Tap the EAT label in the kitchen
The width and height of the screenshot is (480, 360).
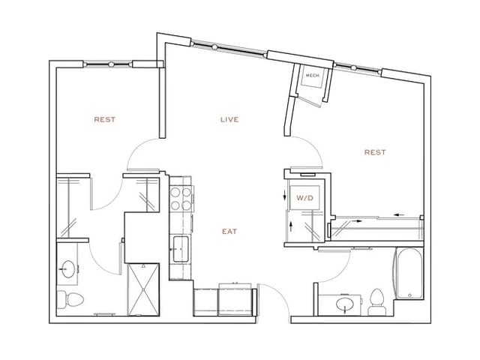point(229,232)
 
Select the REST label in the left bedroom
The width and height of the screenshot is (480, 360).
point(104,119)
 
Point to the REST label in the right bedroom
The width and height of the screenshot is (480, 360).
point(374,152)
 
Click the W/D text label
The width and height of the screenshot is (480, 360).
point(304,199)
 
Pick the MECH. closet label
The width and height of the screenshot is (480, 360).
point(310,76)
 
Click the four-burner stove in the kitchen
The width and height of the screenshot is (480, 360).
point(181,197)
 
